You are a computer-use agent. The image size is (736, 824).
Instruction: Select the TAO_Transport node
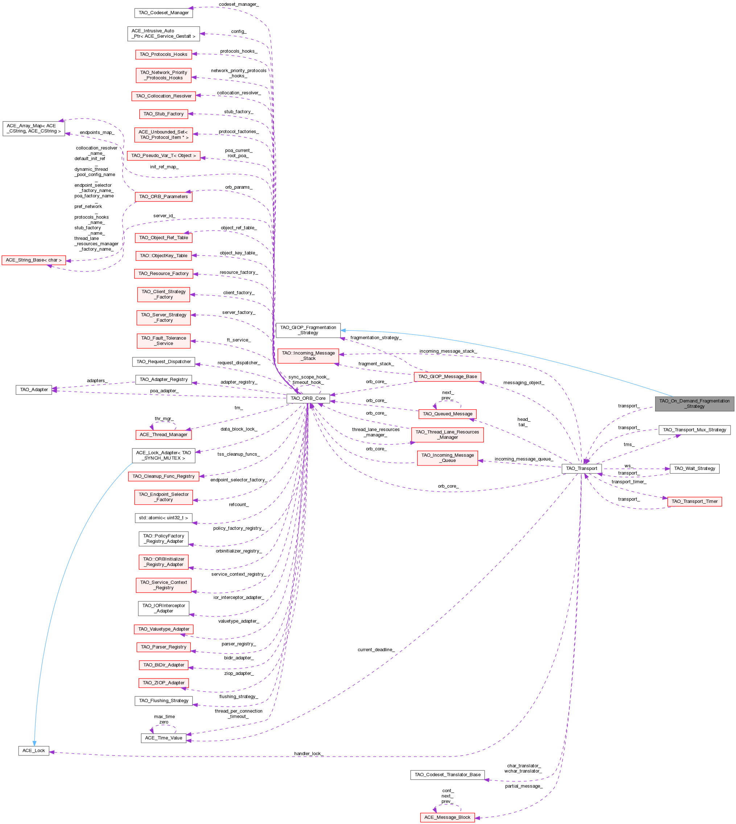581,468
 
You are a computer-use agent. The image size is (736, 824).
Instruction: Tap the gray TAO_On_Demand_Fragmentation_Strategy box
694,404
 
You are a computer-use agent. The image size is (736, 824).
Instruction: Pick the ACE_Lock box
34,750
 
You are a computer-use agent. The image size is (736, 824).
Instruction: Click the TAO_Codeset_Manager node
163,13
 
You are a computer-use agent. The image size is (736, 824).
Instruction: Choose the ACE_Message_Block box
447,817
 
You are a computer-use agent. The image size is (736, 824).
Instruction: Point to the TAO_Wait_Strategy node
694,468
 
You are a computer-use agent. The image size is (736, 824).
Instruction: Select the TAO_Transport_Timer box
694,501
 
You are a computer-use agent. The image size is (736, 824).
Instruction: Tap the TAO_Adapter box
34,390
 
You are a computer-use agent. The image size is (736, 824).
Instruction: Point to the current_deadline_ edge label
376,649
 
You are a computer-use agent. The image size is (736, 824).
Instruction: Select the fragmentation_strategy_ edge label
376,337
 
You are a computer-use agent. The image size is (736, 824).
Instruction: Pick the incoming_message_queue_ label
524,459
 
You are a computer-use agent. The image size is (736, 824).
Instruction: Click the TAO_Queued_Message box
447,414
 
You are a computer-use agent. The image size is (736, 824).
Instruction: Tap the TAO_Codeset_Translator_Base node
447,775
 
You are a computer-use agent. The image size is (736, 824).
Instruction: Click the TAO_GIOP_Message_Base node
447,377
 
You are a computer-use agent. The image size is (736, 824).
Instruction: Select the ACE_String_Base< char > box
34,260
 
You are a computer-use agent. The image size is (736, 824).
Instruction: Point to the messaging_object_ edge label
524,383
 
